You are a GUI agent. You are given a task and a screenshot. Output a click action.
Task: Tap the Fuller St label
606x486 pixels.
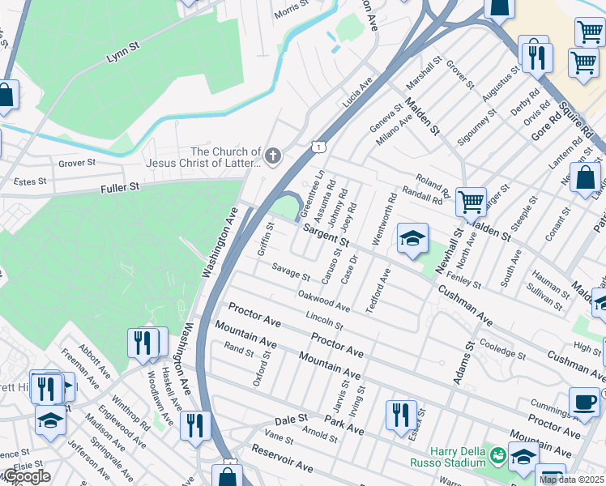pyautogui.click(x=120, y=187)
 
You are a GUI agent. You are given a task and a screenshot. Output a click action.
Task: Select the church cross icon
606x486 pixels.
pyautogui.click(x=274, y=156)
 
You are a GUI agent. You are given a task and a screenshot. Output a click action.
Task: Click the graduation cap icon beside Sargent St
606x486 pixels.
pyautogui.click(x=412, y=238)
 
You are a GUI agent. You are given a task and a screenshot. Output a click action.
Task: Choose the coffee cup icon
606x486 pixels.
pyautogui.click(x=584, y=400)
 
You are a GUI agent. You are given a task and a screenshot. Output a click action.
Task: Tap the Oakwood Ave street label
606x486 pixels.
pyautogui.click(x=324, y=301)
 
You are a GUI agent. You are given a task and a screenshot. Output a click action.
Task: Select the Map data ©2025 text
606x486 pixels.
pyautogui.click(x=571, y=480)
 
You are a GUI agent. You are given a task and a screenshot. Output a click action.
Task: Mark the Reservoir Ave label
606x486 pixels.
pyautogui.click(x=282, y=458)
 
